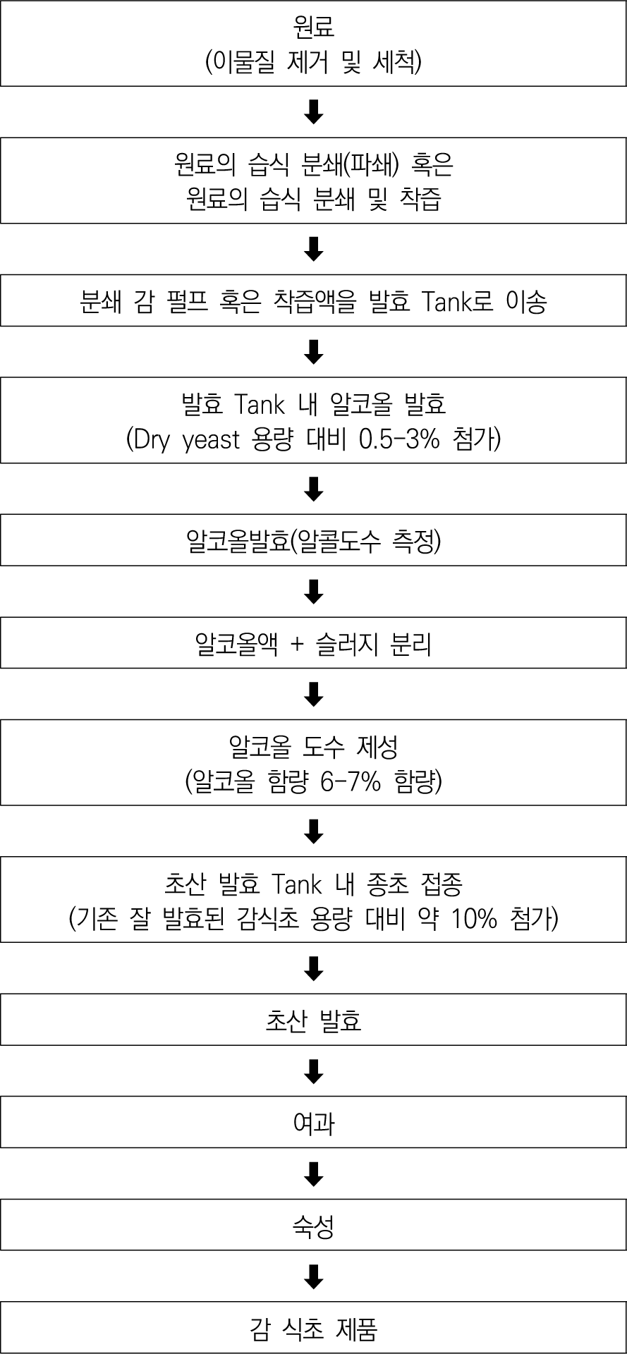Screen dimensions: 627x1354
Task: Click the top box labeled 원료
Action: (313, 43)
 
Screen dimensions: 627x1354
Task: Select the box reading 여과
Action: (313, 1122)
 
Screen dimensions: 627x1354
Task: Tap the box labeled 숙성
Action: (313, 1224)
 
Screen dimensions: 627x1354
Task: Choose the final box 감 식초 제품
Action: (313, 1328)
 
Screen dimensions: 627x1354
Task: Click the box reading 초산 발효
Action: (313, 1019)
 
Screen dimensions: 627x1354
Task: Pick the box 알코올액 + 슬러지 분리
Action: (313, 642)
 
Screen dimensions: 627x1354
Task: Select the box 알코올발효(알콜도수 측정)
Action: (313, 539)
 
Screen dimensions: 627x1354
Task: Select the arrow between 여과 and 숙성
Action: (313, 1173)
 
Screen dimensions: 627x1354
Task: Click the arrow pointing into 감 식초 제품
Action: (313, 1276)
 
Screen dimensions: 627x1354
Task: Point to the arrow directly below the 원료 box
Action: (313, 111)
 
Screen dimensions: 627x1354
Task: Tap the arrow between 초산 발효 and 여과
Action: (313, 1071)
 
